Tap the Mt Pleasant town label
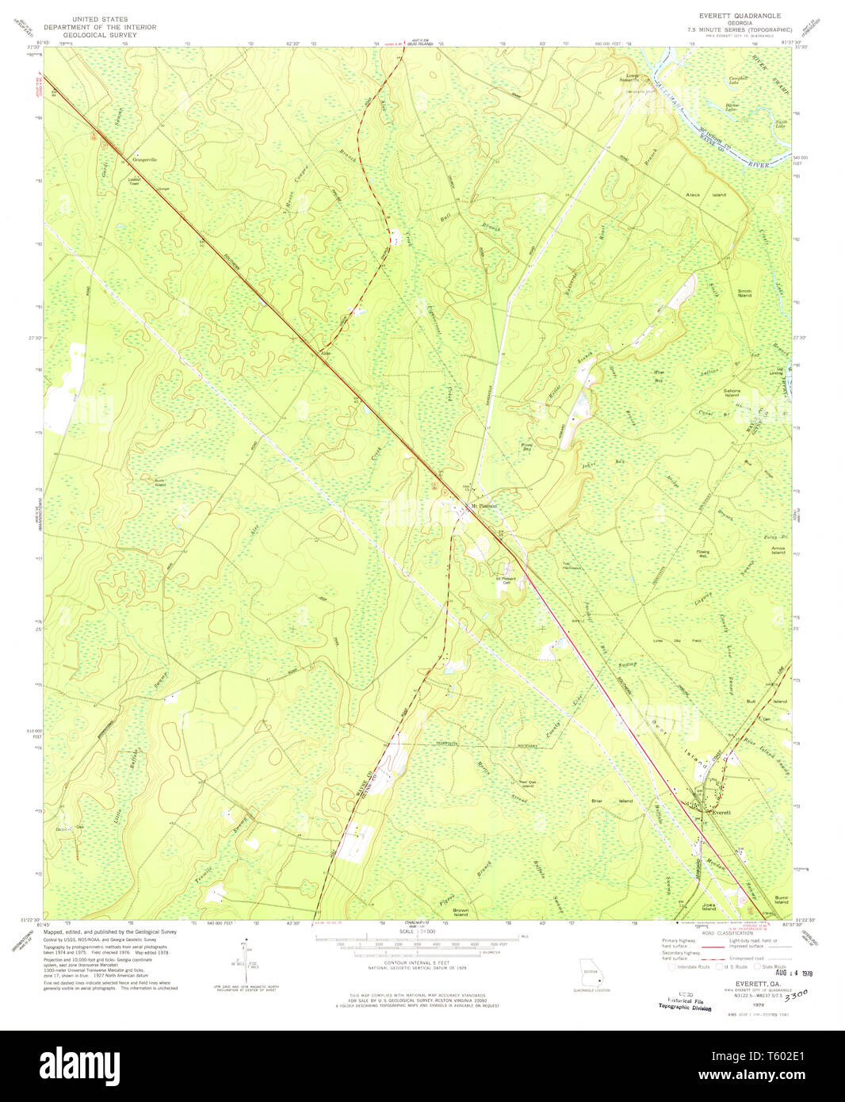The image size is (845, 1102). (484, 505)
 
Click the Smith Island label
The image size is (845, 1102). (744, 293)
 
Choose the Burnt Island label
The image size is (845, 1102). (781, 900)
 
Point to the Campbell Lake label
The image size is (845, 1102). (739, 79)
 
